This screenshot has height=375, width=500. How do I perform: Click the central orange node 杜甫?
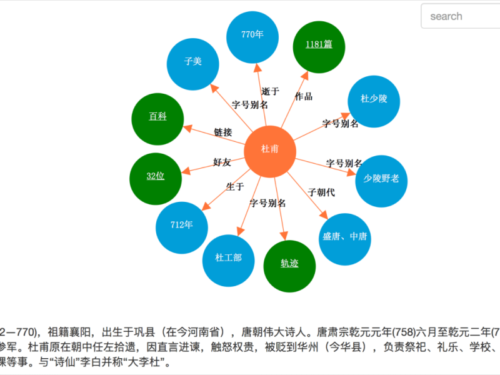point(270,151)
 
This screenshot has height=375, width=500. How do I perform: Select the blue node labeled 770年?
point(252,37)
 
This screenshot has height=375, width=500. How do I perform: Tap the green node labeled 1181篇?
point(319,47)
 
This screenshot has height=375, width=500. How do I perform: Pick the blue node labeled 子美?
point(193,64)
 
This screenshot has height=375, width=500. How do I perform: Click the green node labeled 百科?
point(157,119)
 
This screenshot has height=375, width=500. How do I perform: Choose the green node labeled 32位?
point(156,179)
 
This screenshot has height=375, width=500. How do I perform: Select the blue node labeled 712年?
point(182,227)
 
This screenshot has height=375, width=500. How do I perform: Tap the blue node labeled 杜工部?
point(228,261)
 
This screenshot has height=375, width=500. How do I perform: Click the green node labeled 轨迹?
point(289,266)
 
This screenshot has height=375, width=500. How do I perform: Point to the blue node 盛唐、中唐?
point(345,239)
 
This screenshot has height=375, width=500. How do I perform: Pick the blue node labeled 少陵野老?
point(381,181)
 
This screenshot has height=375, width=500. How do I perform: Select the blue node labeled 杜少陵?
point(374,101)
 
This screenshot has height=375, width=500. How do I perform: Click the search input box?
point(461,16)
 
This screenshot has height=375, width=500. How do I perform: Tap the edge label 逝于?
point(271,91)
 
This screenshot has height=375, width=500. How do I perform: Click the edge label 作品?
point(304,96)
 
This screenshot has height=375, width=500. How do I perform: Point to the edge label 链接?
point(223,132)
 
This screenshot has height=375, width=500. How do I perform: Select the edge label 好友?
point(222,162)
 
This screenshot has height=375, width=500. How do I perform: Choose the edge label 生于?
point(235,186)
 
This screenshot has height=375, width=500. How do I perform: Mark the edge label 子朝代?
point(321,192)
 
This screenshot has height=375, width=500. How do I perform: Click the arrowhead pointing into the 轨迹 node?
point(284,236)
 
